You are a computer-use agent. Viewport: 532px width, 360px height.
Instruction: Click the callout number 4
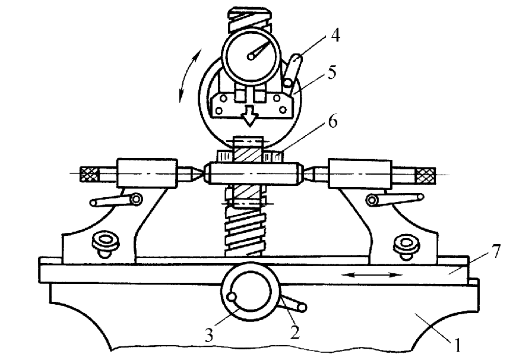click(x=335, y=35)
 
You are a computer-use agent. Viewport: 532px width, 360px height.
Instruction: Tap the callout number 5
click(x=331, y=72)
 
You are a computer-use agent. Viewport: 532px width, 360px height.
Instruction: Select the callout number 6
click(x=333, y=121)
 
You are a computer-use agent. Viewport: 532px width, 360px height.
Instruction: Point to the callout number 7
click(x=495, y=251)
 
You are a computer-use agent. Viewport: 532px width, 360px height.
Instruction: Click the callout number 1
click(x=457, y=345)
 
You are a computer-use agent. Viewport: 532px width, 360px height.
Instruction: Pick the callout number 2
click(x=294, y=332)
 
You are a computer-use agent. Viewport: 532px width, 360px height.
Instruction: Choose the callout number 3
click(x=208, y=336)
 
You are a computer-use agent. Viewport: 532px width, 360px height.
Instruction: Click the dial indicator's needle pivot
click(x=251, y=56)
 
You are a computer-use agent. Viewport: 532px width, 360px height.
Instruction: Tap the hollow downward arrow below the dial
click(x=250, y=116)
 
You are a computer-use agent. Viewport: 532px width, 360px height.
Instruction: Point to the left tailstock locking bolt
click(x=106, y=244)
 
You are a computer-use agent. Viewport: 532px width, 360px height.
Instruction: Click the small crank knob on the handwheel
click(x=232, y=297)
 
